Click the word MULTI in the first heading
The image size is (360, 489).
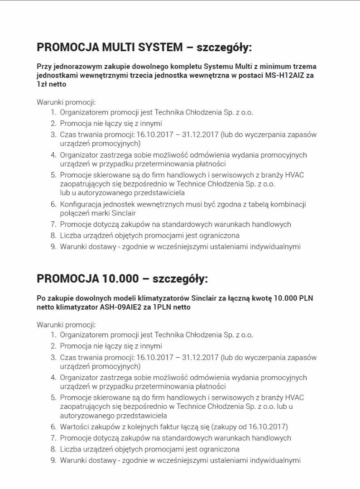pyautogui.click(x=119, y=48)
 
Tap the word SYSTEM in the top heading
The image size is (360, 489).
pyautogui.click(x=161, y=48)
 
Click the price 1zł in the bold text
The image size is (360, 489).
pyautogui.click(x=43, y=84)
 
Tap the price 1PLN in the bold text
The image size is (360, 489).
pyautogui.click(x=162, y=307)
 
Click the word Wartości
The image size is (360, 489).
pyautogui.click(x=76, y=427)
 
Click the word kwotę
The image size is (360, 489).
pyautogui.click(x=254, y=298)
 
